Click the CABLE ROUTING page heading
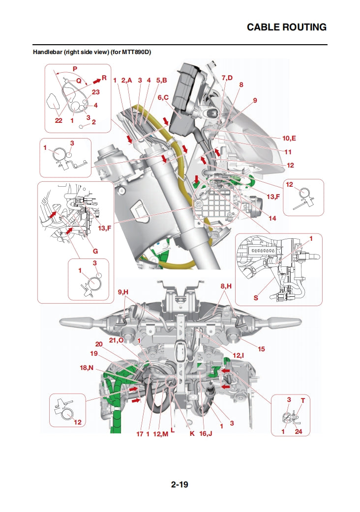(x=286, y=27)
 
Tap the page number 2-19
(x=180, y=484)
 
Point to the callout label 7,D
(x=227, y=78)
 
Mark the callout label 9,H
(x=123, y=292)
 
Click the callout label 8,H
(x=226, y=285)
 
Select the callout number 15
(x=261, y=349)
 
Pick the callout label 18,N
(x=87, y=368)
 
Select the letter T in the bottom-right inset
(x=302, y=400)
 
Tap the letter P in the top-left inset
(x=75, y=68)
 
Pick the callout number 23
(x=95, y=92)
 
